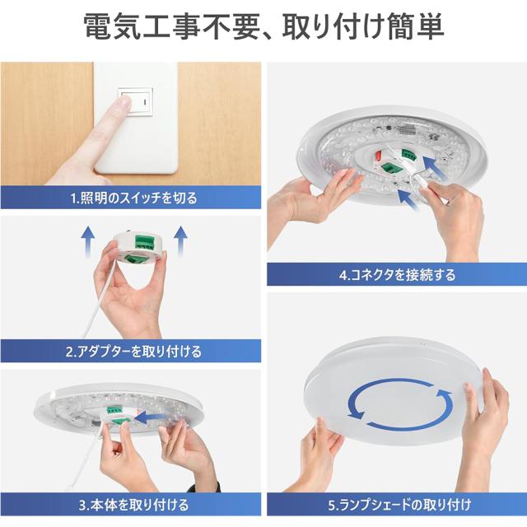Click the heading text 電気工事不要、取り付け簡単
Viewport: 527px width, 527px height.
click(x=264, y=27)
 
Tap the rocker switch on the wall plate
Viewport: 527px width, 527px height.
click(x=136, y=101)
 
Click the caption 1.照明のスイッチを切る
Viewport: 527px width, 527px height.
click(x=133, y=198)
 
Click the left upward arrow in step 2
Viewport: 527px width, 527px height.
click(x=88, y=241)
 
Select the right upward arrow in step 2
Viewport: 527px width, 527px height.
click(x=181, y=241)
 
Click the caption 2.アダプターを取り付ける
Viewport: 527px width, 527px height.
click(x=133, y=352)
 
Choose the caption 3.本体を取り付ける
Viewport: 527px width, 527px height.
click(x=133, y=505)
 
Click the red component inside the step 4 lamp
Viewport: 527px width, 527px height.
click(x=380, y=156)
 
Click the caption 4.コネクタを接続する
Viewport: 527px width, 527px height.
click(x=397, y=275)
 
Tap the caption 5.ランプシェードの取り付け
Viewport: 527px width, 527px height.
click(x=400, y=505)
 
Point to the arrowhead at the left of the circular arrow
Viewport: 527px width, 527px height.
click(x=357, y=413)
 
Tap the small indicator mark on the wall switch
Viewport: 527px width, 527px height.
click(x=145, y=101)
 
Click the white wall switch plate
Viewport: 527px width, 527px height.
click(x=136, y=118)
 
